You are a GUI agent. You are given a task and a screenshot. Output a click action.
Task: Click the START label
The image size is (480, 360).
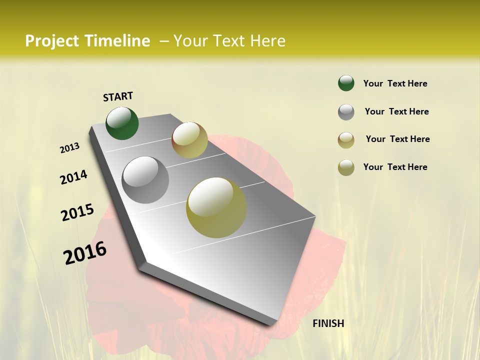click(x=118, y=96)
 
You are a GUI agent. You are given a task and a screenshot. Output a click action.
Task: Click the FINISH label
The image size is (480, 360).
click(x=328, y=323)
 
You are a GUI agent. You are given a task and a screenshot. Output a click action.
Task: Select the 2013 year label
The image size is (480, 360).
click(x=69, y=148)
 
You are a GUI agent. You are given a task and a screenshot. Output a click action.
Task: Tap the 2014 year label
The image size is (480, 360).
click(x=73, y=177)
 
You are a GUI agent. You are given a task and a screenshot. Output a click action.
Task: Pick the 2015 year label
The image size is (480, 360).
click(x=77, y=212)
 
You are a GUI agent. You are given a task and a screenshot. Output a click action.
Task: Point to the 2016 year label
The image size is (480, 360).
click(x=85, y=253)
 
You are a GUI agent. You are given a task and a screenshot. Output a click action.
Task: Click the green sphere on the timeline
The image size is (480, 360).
click(x=122, y=123)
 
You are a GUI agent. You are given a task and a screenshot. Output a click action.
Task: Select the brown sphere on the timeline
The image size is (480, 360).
click(x=189, y=140)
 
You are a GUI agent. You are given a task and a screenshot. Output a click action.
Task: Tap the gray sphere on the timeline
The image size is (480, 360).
click(x=145, y=180)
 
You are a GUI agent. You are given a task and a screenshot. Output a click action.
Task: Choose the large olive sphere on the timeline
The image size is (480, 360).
click(x=216, y=207)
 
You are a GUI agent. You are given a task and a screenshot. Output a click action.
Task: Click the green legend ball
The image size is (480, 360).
click(x=346, y=83)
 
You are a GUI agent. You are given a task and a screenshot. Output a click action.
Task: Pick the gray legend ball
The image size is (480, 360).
click(x=346, y=112)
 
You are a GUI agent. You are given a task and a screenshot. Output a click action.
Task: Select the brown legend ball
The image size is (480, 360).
click(x=346, y=140)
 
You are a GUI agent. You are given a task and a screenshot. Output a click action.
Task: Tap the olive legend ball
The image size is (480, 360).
click(x=346, y=167)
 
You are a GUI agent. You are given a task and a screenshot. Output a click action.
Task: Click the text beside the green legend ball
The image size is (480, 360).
click(x=395, y=83)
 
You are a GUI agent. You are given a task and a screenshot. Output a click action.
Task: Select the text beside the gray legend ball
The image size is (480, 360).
click(x=396, y=111)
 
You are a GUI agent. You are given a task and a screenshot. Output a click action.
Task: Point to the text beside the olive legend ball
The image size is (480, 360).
click(x=395, y=167)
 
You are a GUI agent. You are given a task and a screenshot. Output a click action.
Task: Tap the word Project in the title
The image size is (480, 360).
click(x=52, y=41)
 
